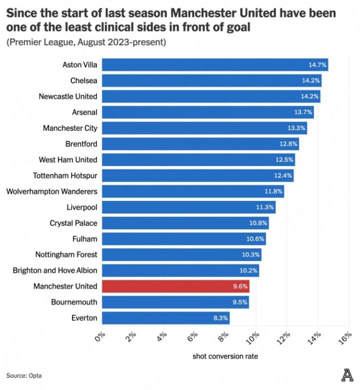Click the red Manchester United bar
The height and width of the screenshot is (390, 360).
click(x=175, y=286)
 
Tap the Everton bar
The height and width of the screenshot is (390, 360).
click(x=165, y=317)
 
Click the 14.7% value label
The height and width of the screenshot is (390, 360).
click(x=317, y=64)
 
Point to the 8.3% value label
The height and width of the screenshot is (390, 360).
click(x=218, y=317)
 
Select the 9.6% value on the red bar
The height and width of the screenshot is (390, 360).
click(x=238, y=286)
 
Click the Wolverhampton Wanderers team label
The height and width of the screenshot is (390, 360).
click(x=51, y=191)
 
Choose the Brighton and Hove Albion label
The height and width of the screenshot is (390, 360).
click(x=55, y=270)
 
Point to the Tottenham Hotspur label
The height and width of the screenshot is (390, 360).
click(x=65, y=175)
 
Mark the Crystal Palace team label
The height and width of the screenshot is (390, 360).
click(x=73, y=223)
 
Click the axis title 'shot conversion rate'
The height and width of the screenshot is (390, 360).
click(x=225, y=356)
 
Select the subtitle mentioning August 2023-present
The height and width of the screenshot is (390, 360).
click(x=86, y=42)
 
